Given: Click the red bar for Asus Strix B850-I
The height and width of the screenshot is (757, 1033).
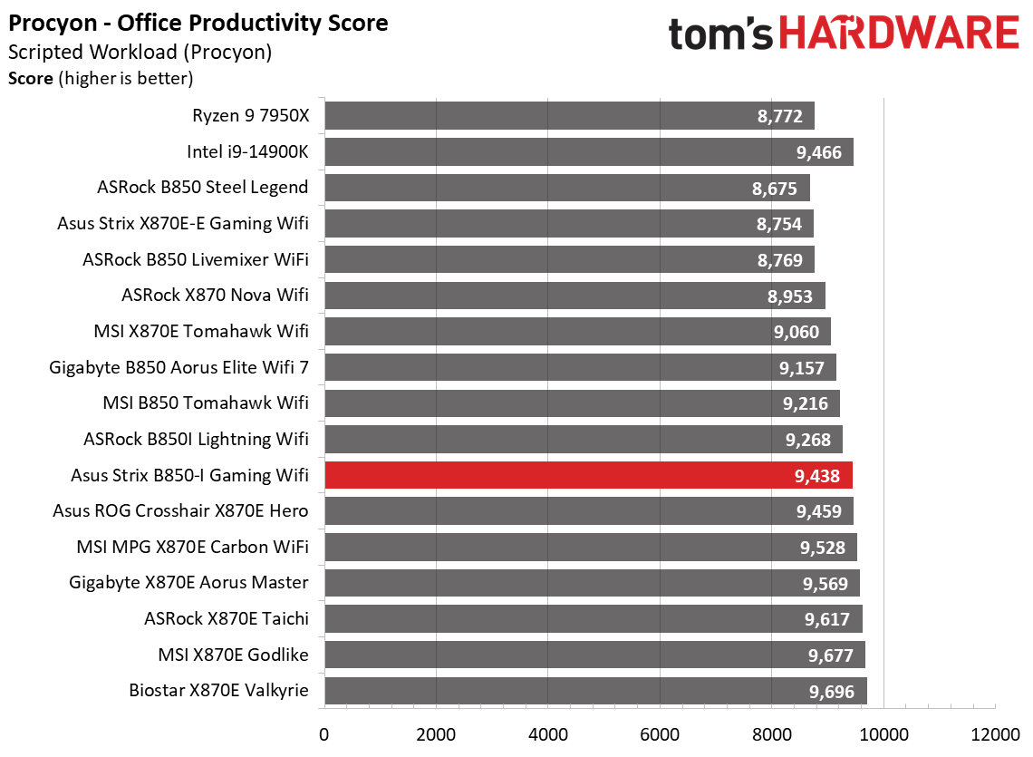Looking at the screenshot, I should pos(589,475).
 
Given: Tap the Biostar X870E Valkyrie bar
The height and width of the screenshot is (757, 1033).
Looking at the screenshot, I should pos(595,691).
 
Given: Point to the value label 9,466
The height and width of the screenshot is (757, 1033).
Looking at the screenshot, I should pos(819,152).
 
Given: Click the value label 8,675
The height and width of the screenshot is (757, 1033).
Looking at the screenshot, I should pos(774,189).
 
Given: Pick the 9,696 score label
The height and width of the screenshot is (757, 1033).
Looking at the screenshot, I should pos(831,692).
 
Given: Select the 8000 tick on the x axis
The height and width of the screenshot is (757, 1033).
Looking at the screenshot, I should pos(771,733).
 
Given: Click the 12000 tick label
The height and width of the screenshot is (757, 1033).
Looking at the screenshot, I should pos(995,733).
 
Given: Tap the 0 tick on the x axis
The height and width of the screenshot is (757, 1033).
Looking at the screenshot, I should pos(324,733).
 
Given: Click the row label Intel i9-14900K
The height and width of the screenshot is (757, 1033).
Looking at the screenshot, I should pos(247,151).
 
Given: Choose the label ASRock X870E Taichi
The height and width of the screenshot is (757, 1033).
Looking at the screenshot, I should pos(226,618).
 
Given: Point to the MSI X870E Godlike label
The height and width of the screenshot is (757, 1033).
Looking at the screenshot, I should pos(233,655).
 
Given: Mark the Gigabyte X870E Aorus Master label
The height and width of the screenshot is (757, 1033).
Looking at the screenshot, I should pos(188,582).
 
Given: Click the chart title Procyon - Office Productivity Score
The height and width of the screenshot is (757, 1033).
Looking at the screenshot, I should pos(198,23).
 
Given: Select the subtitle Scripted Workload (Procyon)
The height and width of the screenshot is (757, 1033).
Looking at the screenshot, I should pos(140,52).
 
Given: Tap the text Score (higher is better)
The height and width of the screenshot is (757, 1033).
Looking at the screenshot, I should pos(101,79).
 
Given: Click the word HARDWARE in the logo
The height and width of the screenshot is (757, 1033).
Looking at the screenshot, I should pos(898,34).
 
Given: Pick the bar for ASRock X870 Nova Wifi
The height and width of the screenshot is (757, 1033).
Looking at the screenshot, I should pos(574,296).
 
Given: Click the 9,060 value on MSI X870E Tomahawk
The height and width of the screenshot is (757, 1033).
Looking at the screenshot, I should pos(796,332).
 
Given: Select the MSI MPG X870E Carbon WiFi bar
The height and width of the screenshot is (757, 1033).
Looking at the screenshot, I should pos(590,547).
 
